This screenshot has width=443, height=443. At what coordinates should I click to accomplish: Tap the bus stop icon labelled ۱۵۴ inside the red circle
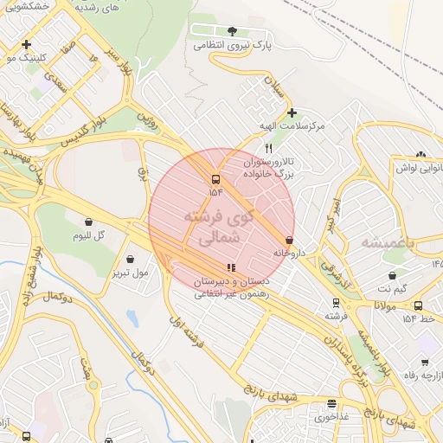click(x=215, y=180)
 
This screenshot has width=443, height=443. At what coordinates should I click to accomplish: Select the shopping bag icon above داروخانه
click(x=288, y=241)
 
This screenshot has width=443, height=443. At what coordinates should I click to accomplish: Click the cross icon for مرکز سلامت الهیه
click(x=292, y=112)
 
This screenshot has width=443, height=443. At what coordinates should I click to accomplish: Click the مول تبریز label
click(x=130, y=273)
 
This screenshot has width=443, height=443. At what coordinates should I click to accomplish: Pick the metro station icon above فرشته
click(x=336, y=303)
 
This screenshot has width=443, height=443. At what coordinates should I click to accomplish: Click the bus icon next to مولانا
click(x=418, y=305)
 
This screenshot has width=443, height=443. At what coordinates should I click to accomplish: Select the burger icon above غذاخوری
click(x=331, y=404)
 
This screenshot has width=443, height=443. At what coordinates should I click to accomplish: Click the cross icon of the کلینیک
click(x=27, y=44)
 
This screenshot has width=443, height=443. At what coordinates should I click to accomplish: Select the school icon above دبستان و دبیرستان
click(x=230, y=267)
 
